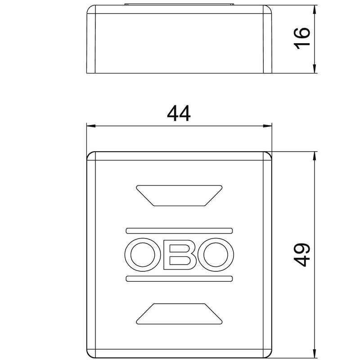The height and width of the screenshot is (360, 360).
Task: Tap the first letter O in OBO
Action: point(141,255)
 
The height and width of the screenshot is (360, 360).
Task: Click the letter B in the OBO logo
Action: point(179,255)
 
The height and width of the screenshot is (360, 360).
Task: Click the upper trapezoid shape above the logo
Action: point(179,195)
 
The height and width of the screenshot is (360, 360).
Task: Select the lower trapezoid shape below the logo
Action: point(179,314)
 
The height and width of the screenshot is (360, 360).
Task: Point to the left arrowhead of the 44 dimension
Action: point(90,126)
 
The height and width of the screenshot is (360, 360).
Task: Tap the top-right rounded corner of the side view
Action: point(270,9)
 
